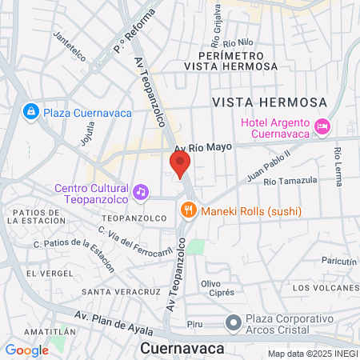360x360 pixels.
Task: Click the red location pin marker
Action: [179, 165]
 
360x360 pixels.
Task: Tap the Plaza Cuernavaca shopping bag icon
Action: [31, 112]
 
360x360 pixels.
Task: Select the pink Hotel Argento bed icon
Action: [322, 126]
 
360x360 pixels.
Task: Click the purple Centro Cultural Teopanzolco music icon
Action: [141, 190]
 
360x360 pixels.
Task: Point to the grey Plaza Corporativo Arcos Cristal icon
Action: [233, 323]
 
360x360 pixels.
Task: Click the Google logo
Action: [26, 350]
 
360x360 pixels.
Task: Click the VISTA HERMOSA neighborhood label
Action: [270, 102]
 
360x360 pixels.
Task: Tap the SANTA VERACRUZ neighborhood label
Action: [119, 291]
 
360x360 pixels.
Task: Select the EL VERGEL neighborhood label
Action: [42, 274]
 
